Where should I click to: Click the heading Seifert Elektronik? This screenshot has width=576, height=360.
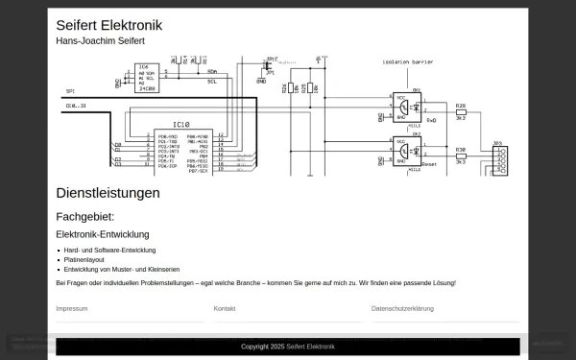[x=108, y=26]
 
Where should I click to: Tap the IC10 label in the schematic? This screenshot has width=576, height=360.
[x=181, y=125]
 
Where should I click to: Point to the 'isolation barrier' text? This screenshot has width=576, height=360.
[x=408, y=61]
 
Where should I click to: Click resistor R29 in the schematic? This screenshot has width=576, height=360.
[x=461, y=111]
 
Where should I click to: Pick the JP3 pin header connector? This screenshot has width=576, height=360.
[x=500, y=159]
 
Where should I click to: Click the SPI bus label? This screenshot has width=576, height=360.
[x=70, y=91]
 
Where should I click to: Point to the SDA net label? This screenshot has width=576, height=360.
[x=211, y=71]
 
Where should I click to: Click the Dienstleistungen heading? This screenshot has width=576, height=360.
[x=108, y=193]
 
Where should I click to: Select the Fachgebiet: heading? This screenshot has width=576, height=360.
[x=84, y=217]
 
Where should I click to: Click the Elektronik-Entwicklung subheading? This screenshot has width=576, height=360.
[x=103, y=234]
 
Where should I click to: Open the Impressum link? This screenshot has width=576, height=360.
[x=72, y=309]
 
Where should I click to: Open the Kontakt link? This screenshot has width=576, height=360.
[x=225, y=309]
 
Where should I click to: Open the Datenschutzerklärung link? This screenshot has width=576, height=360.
[x=402, y=309]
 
